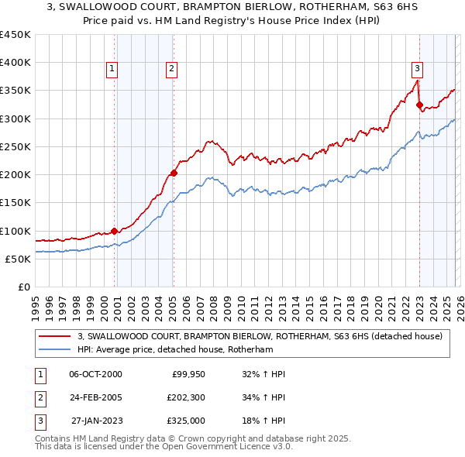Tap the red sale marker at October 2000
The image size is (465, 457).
click(x=115, y=231)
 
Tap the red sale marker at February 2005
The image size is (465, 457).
click(x=174, y=174)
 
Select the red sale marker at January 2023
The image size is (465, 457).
click(x=419, y=105)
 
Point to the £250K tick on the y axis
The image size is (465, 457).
click(x=15, y=146)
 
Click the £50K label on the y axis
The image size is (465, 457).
click(x=18, y=259)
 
